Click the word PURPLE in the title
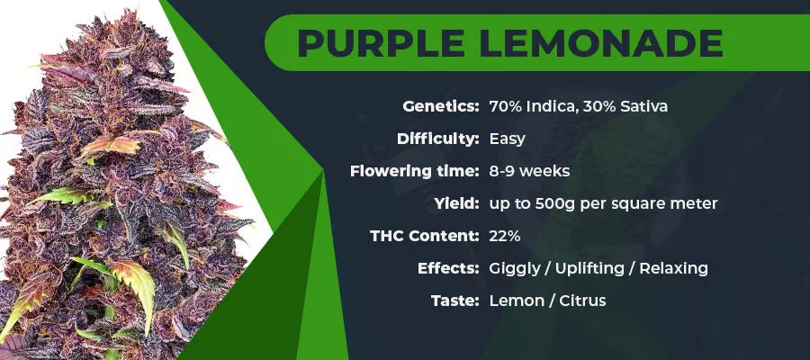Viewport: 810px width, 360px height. pyautogui.click(x=381, y=43)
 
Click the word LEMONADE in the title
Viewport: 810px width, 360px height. pyautogui.click(x=601, y=43)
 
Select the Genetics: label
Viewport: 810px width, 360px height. pyautogui.click(x=441, y=107)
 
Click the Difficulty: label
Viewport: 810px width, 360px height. pyautogui.click(x=438, y=139)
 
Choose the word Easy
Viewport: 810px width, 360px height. pyautogui.click(x=508, y=139)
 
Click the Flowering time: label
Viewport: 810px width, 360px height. pyautogui.click(x=415, y=171)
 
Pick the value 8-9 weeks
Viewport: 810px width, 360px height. pyautogui.click(x=529, y=172)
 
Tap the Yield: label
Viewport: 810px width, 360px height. pyautogui.click(x=456, y=203)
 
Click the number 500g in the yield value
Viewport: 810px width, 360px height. pyautogui.click(x=545, y=204)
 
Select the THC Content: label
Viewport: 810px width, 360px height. pyautogui.click(x=425, y=236)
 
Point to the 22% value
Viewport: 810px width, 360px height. pyautogui.click(x=505, y=236)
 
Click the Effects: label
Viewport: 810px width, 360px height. pyautogui.click(x=448, y=268)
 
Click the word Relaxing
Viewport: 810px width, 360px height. pyautogui.click(x=673, y=268)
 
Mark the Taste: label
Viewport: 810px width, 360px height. pyautogui.click(x=455, y=301)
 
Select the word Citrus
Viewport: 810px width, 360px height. pyautogui.click(x=582, y=301)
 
